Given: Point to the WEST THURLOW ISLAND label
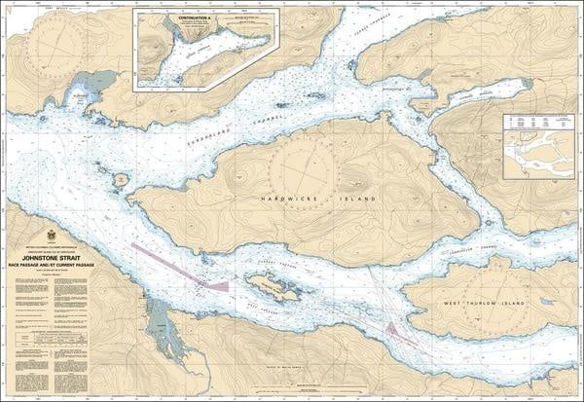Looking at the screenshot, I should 488,303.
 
